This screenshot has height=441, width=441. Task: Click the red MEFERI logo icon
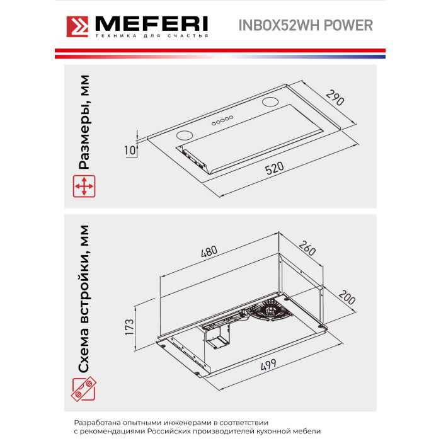click(x=77, y=26)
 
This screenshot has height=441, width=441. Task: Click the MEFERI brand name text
click(x=152, y=24)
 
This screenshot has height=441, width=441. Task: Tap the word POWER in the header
click(x=348, y=25)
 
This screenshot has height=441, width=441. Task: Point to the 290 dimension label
click(x=335, y=97)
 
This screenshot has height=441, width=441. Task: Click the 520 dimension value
click(x=274, y=168)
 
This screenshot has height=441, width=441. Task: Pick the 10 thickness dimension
click(x=130, y=150)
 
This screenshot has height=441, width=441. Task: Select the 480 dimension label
click(x=209, y=251)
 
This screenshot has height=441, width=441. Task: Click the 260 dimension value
click(x=307, y=248)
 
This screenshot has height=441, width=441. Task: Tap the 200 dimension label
click(x=347, y=297)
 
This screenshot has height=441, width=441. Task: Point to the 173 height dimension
click(x=129, y=327)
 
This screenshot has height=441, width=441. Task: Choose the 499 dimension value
click(x=268, y=365)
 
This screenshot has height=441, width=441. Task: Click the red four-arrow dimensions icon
click(x=84, y=186)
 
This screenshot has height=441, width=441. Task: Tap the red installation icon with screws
click(x=84, y=389)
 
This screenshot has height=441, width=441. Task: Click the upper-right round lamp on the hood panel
click(x=270, y=102)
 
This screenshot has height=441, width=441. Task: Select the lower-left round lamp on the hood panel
click(x=185, y=135)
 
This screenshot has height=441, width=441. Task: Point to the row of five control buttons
click(x=222, y=120)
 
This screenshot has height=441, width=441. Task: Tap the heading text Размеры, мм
click(x=84, y=122)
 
